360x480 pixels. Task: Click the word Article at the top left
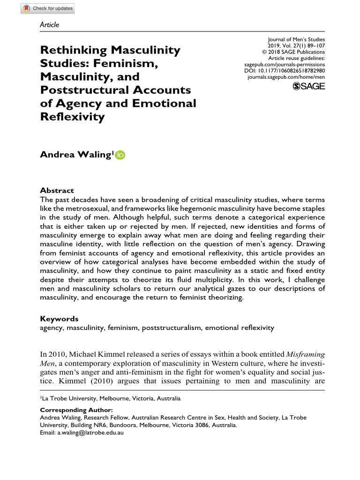[x=49, y=25]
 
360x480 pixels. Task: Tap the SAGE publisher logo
[x=308, y=86]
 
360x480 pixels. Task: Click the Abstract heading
[x=57, y=190]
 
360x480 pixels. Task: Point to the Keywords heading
[x=59, y=319]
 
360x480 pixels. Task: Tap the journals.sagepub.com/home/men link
[x=286, y=76]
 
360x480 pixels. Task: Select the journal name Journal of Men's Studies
[x=296, y=40]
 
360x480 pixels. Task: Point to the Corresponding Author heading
[x=76, y=410]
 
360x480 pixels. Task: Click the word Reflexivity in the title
[x=72, y=117]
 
